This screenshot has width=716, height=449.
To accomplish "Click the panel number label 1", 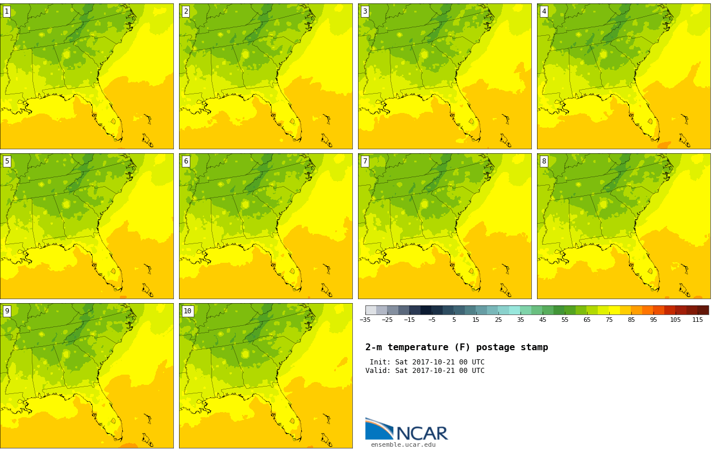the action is pyautogui.click(x=7, y=12).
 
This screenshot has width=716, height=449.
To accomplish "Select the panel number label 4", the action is pyautogui.click(x=544, y=12).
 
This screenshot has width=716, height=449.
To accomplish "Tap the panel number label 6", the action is pyautogui.click(x=186, y=162).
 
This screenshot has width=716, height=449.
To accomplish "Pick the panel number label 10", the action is pyautogui.click(x=188, y=311).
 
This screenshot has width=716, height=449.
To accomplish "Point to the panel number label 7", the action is pyautogui.click(x=365, y=162).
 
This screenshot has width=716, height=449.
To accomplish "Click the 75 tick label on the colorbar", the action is pyautogui.click(x=609, y=320).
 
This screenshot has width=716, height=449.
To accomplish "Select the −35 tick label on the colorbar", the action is pyautogui.click(x=365, y=320).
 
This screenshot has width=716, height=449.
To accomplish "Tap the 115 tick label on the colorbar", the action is pyautogui.click(x=698, y=320).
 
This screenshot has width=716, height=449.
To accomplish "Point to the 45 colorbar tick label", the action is pyautogui.click(x=543, y=320).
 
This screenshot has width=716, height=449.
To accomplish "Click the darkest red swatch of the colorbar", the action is pyautogui.click(x=703, y=310).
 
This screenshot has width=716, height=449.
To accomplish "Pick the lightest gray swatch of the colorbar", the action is pyautogui.click(x=371, y=310).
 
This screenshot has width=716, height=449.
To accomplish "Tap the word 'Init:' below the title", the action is pyautogui.click(x=380, y=362).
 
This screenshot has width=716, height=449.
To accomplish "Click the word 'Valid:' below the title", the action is pyautogui.click(x=378, y=371).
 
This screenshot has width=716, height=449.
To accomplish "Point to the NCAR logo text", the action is pyautogui.click(x=422, y=433).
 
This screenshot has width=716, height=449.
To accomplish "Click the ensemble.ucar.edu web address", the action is pyautogui.click(x=403, y=444).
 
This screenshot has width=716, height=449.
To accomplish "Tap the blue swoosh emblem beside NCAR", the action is pyautogui.click(x=380, y=429).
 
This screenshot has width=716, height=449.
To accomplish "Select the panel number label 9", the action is pyautogui.click(x=7, y=311).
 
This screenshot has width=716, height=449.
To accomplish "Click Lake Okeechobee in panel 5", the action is pyautogui.click(x=113, y=271).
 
